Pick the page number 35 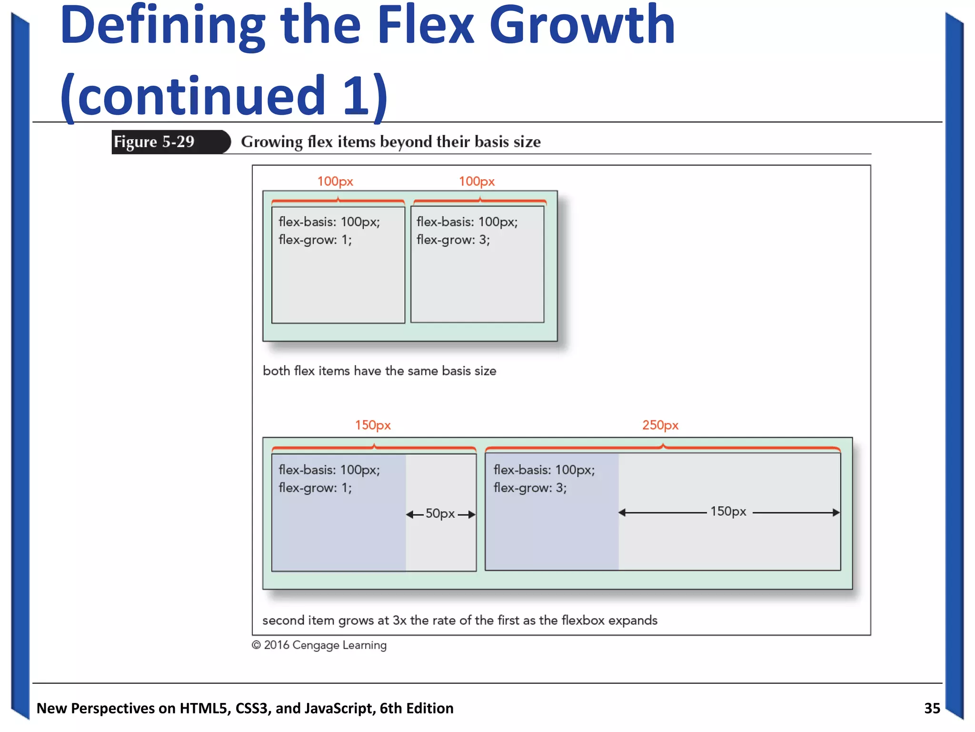point(932,708)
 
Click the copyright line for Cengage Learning point(319,645)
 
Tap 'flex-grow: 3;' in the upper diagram point(453,240)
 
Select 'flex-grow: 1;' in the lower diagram point(315,488)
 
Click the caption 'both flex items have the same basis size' point(379,371)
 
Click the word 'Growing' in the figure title point(271,142)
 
